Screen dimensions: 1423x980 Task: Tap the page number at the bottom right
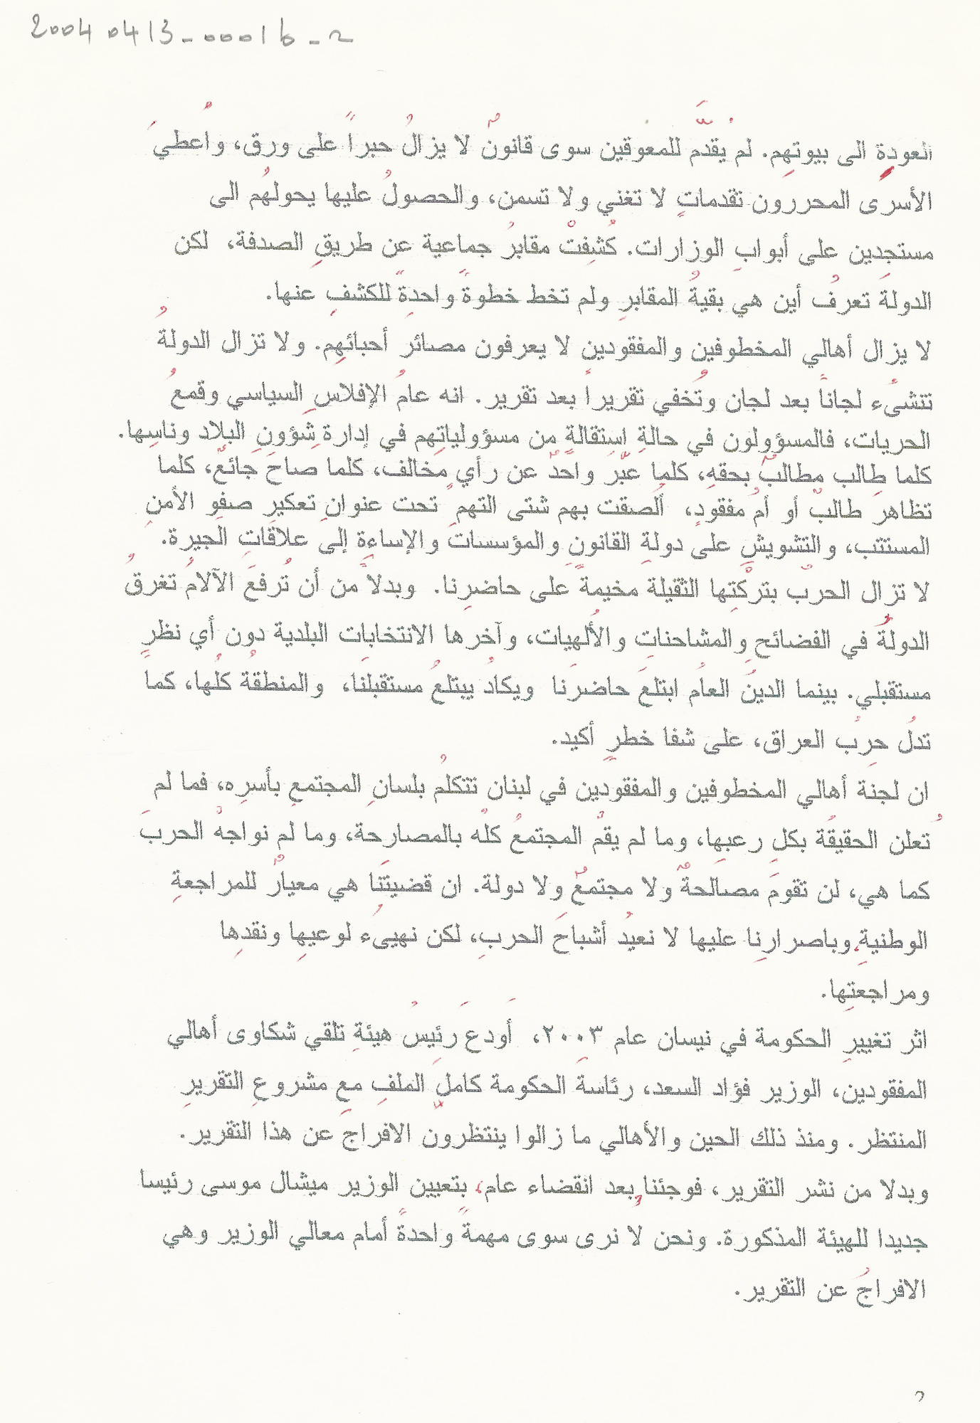coord(919,1397)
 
